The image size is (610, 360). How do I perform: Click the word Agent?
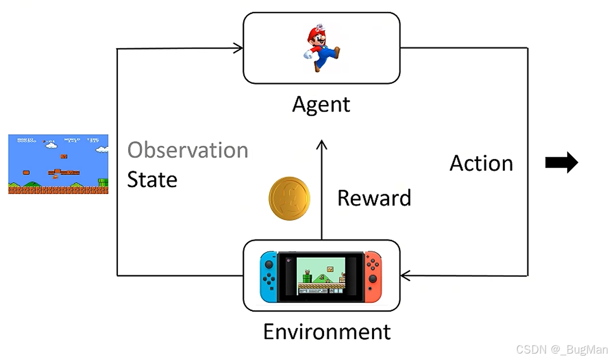321,104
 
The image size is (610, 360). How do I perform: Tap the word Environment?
327,332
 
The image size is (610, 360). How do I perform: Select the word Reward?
374,198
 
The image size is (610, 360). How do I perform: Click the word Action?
481,163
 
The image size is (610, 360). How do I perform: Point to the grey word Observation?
188,150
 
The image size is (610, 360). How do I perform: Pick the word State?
152,180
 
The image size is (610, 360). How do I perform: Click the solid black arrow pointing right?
561,162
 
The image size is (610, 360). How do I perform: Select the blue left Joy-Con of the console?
268,275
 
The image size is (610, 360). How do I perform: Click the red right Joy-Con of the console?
373,275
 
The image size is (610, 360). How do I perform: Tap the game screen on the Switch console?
321,275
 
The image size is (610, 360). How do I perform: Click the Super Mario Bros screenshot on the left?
58,164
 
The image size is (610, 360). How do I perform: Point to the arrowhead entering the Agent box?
239,49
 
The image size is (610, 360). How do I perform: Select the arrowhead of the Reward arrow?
321,143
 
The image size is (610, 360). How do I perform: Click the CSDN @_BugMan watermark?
562,349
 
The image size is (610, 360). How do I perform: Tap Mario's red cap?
318,31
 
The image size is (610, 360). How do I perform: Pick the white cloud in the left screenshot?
51,144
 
